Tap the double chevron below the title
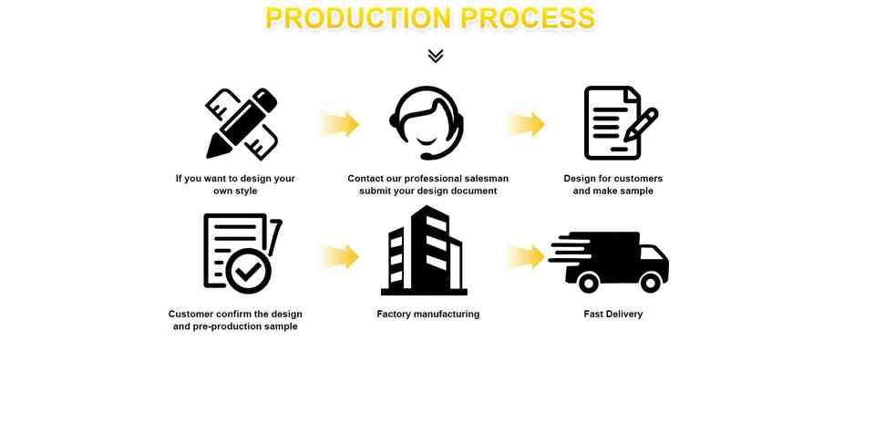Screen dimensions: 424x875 tap(436, 57)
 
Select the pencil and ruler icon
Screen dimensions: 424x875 tap(242, 123)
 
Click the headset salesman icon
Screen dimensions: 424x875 tap(427, 123)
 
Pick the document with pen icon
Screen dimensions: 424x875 tap(619, 123)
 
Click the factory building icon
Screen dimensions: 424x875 tap(424, 252)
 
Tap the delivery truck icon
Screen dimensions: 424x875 tap(609, 261)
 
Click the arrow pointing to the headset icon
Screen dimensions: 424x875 tap(339, 124)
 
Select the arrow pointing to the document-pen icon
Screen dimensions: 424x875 tap(526, 124)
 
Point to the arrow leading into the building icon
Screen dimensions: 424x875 tap(339, 256)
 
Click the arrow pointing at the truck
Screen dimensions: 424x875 tap(526, 256)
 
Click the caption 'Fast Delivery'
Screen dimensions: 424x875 tap(612, 314)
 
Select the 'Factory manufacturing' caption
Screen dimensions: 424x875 tap(427, 314)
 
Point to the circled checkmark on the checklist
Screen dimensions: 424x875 tap(249, 270)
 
